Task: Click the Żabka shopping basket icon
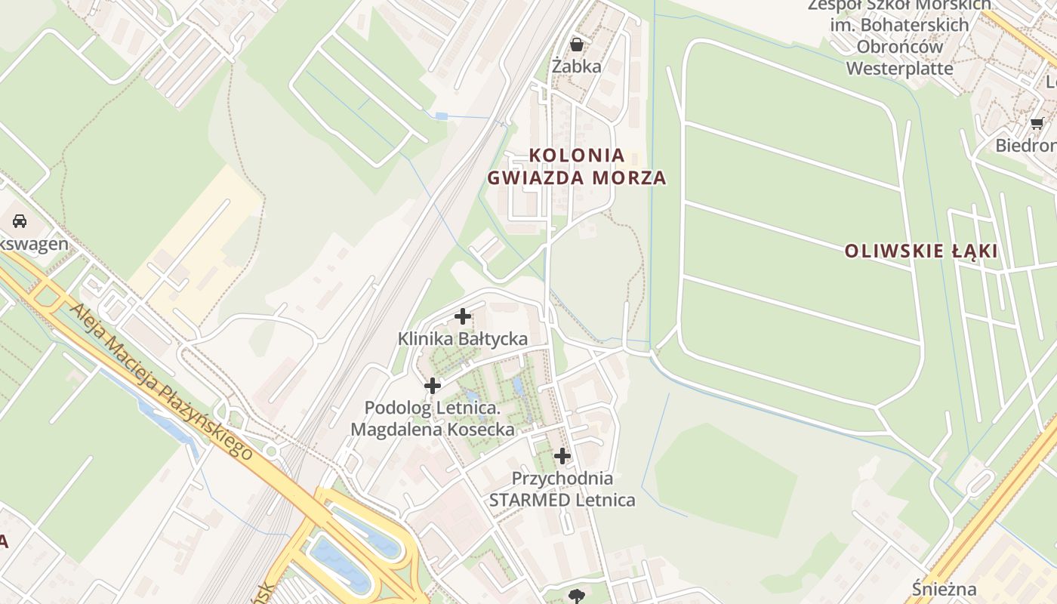tap(577, 45)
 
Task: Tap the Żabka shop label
tap(577, 66)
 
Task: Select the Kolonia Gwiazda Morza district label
tap(577, 166)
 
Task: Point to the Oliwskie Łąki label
tap(921, 251)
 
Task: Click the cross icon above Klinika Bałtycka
tap(463, 316)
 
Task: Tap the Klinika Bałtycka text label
tap(463, 339)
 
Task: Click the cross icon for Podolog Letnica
tap(433, 386)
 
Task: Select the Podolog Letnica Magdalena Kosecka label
tap(433, 419)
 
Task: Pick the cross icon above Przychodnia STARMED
tap(562, 456)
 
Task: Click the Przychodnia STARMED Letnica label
tap(562, 488)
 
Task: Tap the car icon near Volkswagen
tap(20, 221)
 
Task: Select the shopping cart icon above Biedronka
tap(1037, 123)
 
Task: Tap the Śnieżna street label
tap(944, 589)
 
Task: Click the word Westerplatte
tap(900, 68)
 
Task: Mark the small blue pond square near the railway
tap(442, 116)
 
